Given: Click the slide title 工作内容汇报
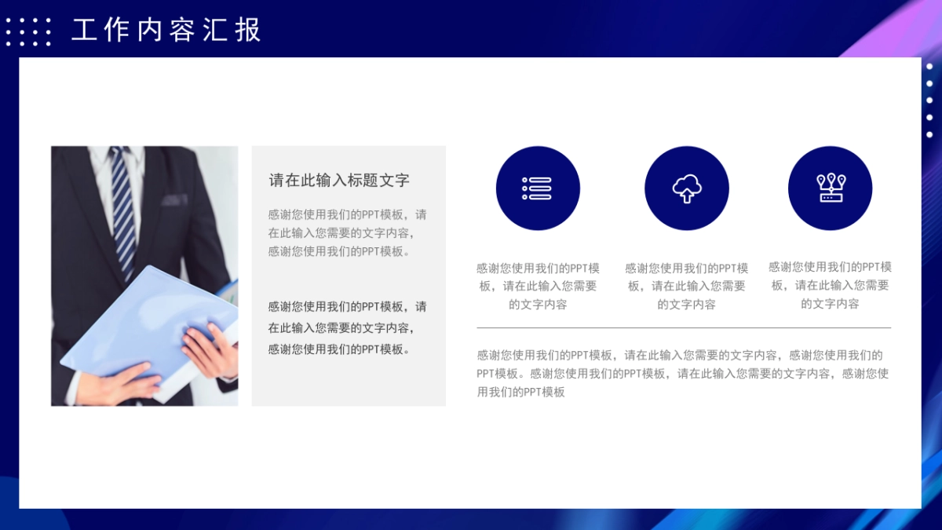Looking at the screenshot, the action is (x=166, y=30).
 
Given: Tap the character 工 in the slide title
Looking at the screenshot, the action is (x=84, y=30).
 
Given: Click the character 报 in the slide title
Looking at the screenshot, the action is (x=248, y=30).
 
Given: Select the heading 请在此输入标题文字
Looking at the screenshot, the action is (x=339, y=180).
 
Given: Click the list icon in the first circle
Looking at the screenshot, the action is (x=537, y=188).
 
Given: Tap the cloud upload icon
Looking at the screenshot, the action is (x=686, y=188).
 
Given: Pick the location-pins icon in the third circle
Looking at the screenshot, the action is (x=831, y=188).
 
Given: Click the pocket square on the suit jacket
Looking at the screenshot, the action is (x=174, y=199).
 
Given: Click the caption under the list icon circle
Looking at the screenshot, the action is (x=538, y=286).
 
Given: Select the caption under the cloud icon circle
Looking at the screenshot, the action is (x=686, y=286).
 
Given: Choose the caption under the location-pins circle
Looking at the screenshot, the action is (x=831, y=285).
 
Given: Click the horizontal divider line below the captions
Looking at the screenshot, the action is (x=684, y=327).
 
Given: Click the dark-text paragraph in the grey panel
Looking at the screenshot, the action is (x=347, y=327).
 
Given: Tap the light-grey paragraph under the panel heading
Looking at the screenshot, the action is (x=347, y=232).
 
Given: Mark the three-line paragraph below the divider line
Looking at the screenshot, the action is (x=682, y=374).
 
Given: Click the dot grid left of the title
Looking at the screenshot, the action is (x=28, y=31).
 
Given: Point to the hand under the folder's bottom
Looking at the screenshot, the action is (x=122, y=381).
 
